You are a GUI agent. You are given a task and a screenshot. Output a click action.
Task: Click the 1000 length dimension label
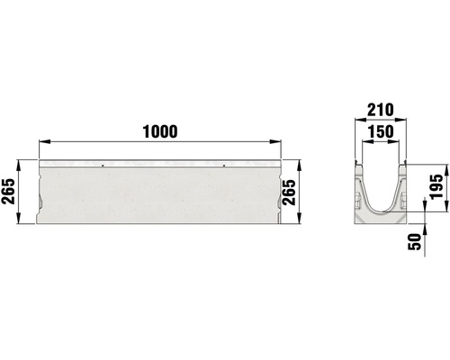pos(158,130)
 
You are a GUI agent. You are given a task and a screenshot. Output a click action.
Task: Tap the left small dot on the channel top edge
pos(103,165)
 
